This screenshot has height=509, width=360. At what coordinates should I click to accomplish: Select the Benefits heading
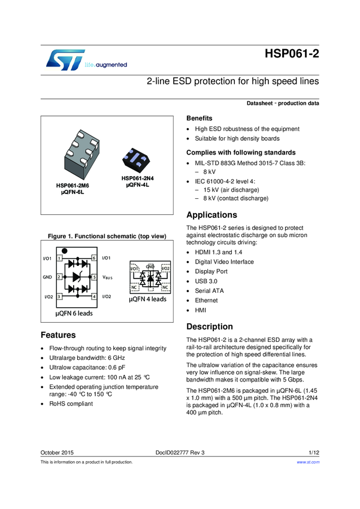click(199, 118)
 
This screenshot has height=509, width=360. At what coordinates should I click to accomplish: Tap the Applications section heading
click(212, 215)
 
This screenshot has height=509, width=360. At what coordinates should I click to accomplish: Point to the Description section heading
click(210, 326)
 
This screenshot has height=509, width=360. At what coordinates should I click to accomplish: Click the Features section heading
click(58, 335)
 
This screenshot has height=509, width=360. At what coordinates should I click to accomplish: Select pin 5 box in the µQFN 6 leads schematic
click(94, 278)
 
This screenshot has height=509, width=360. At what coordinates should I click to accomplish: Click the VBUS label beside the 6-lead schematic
click(108, 278)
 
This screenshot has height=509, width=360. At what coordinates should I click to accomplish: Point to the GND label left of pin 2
click(47, 278)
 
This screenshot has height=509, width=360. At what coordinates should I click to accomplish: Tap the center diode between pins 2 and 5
click(77, 278)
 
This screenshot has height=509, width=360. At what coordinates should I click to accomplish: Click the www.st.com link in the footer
click(308, 462)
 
